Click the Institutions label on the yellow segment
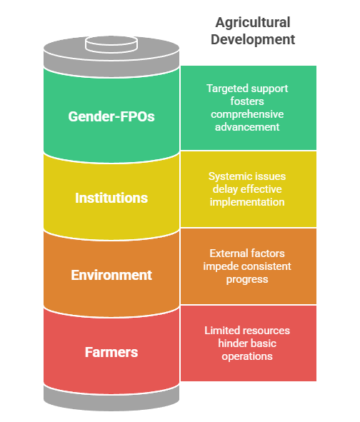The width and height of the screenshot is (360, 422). click(111, 197)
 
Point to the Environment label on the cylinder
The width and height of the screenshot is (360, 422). click(111, 275)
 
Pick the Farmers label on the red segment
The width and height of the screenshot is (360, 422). click(111, 352)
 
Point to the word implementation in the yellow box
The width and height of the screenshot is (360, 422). click(248, 201)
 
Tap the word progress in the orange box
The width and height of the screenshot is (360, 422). click(248, 278)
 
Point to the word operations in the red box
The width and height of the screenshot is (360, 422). click(248, 356)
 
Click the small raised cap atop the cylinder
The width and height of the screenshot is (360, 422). click(111, 44)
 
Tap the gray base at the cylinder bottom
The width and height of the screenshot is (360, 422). click(111, 397)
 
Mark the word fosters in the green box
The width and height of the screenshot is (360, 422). click(248, 101)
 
